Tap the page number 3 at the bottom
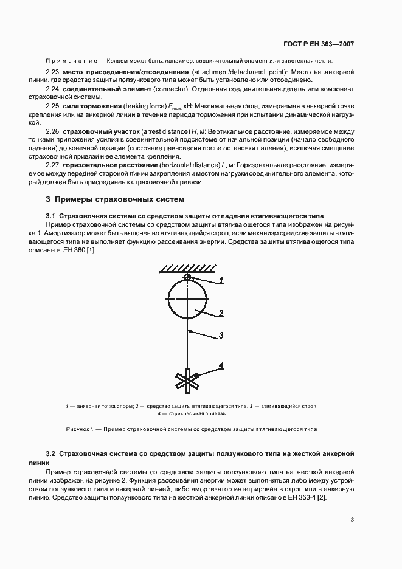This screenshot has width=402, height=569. [352, 520]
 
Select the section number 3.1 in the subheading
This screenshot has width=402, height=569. [51, 216]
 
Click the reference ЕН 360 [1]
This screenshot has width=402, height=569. [81, 249]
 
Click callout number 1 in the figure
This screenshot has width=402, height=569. [222, 280]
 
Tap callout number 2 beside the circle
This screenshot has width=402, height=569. [221, 314]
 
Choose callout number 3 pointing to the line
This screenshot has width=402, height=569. [221, 335]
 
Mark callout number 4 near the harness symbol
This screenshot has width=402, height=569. [221, 365]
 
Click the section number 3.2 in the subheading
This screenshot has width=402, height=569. [51, 453]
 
